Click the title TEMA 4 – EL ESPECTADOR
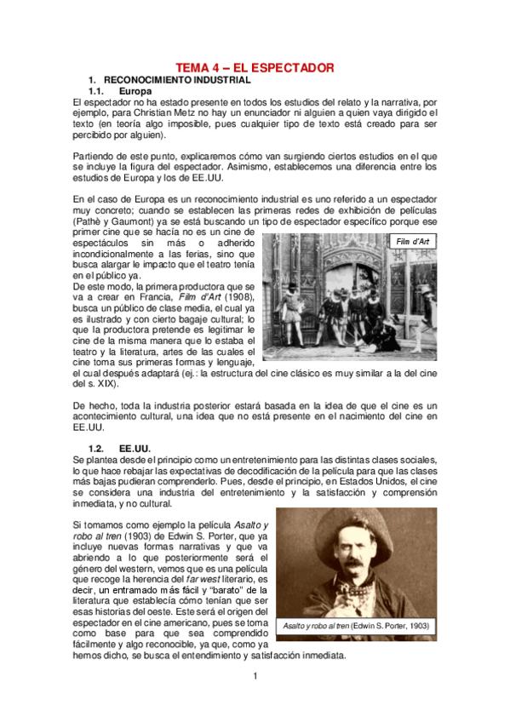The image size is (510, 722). [x=255, y=67]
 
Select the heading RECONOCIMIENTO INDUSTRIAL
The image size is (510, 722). [x=176, y=79]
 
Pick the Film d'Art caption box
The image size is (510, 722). [x=413, y=243]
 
